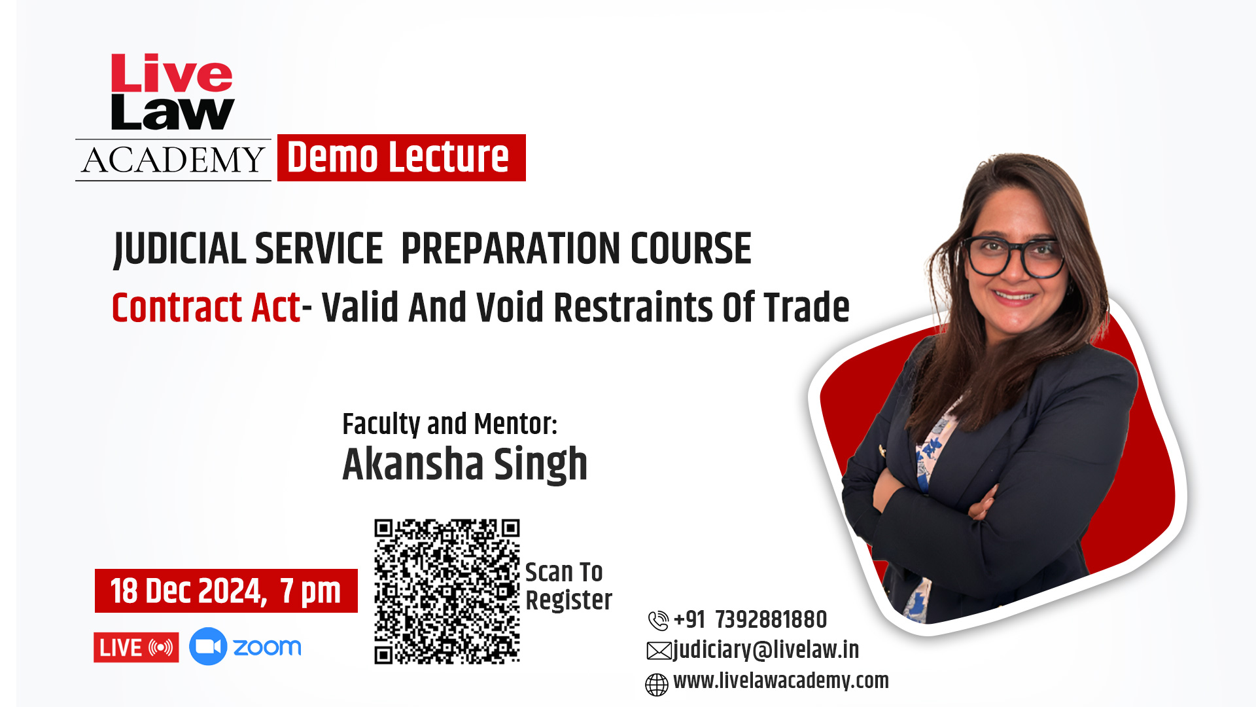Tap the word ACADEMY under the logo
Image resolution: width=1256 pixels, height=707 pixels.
pyautogui.click(x=173, y=160)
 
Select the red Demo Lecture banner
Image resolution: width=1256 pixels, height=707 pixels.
pyautogui.click(x=401, y=158)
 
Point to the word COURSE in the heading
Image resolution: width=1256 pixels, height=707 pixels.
pyautogui.click(x=691, y=249)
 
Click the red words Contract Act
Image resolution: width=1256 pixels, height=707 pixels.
pyautogui.click(x=206, y=308)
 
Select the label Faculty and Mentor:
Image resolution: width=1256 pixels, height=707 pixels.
pyautogui.click(x=450, y=424)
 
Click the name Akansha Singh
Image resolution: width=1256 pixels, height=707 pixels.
pyautogui.click(x=465, y=464)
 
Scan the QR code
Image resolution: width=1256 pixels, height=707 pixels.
pyautogui.click(x=447, y=592)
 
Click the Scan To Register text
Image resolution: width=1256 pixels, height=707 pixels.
pyautogui.click(x=568, y=587)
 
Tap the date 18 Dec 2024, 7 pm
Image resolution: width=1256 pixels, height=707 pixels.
pyautogui.click(x=226, y=591)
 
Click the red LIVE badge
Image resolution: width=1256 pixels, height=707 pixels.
pyautogui.click(x=136, y=647)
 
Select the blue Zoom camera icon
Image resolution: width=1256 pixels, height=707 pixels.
pyautogui.click(x=208, y=647)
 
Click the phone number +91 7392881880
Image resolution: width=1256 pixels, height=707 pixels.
pyautogui.click(x=750, y=619)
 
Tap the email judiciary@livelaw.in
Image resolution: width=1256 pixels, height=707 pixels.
pyautogui.click(x=766, y=650)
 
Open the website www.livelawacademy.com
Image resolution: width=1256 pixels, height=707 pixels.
pyautogui.click(x=781, y=681)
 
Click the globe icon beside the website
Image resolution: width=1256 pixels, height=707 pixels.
pyautogui.click(x=657, y=685)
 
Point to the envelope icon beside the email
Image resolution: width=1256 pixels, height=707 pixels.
pyautogui.click(x=659, y=651)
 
